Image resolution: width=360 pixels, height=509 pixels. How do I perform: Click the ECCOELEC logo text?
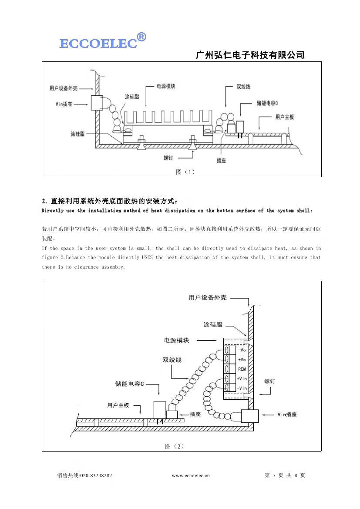[98, 44]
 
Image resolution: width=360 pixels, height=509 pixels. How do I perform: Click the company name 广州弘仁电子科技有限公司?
[250, 55]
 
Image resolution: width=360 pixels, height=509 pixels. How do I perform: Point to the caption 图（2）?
[175, 446]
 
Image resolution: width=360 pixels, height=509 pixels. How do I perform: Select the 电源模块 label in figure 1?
[166, 87]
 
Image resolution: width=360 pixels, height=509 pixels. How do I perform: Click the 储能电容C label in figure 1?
[267, 104]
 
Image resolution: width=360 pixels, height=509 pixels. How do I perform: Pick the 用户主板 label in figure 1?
[285, 117]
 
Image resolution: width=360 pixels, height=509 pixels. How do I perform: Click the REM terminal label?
[242, 369]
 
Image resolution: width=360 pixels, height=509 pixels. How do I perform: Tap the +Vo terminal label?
[242, 360]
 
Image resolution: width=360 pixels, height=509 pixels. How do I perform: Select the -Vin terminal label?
[242, 388]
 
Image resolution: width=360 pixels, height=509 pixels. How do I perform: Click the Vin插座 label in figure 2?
[287, 415]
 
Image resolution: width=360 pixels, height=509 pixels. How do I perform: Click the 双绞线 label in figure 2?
[172, 360]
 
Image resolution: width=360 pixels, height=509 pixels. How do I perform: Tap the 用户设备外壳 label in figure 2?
[208, 298]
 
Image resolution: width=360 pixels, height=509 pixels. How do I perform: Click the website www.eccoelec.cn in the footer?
[191, 475]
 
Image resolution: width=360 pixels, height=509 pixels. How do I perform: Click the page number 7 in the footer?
[274, 475]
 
